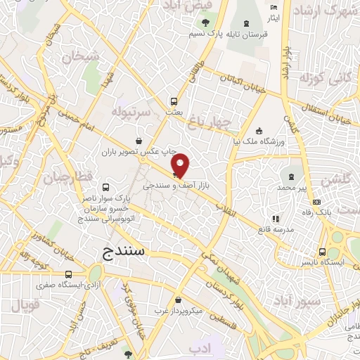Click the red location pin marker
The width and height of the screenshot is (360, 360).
coord(181,165)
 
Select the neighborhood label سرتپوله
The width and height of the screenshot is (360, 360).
coord(130,112)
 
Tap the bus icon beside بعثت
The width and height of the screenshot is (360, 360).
coord(174,100)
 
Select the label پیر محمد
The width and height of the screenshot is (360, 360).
coord(292,188)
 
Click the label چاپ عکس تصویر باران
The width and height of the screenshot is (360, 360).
coord(138,150)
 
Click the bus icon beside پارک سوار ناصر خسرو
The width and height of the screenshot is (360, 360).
coord(105,187)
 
